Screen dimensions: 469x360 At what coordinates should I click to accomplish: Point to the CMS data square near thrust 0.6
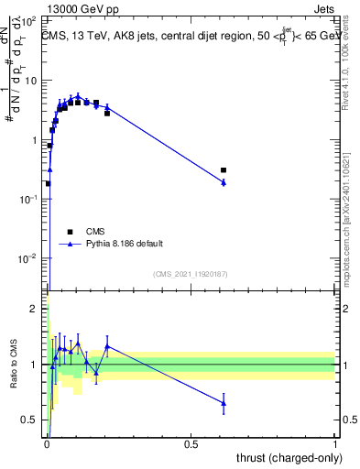(224, 170)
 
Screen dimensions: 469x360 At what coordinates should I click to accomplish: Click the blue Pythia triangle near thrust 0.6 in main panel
(224, 182)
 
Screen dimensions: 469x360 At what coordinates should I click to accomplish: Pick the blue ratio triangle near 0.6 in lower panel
(224, 402)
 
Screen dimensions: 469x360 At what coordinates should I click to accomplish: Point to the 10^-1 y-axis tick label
(30, 199)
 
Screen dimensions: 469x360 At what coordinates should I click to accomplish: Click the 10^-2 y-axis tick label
(30, 258)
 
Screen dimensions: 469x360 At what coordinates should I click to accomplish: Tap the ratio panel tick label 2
(36, 310)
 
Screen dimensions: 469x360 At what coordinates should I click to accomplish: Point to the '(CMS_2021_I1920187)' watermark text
(191, 273)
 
